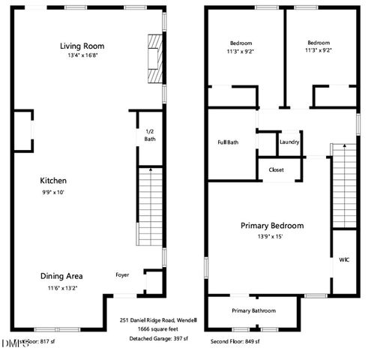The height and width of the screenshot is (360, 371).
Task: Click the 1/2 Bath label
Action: coord(150,135)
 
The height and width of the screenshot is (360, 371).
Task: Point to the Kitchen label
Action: coord(54,181)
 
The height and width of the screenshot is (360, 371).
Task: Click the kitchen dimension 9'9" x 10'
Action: coord(54,192)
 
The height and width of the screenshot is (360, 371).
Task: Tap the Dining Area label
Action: coord(61,276)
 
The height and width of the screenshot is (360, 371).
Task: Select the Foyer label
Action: coord(121,275)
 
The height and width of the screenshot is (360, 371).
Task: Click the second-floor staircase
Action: coord(342,187)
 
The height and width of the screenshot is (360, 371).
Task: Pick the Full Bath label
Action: coord(228,142)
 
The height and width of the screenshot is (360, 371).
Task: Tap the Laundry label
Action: coord(289,142)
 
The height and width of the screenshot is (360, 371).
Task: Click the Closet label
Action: coord(276,170)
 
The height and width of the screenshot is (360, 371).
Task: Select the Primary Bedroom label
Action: coord(271,226)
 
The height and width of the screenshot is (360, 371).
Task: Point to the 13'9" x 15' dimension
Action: coord(271,236)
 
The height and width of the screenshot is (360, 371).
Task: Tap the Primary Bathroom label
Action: coord(253,310)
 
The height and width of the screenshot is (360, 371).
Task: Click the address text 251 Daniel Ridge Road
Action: coord(156,319)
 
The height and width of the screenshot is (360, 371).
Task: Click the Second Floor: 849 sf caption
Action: coord(234,342)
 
